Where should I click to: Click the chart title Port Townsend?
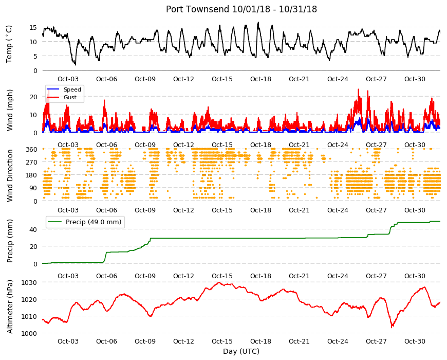197,9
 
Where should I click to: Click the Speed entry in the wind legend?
72,89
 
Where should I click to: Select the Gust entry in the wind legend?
70,97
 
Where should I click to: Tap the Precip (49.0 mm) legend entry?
94,222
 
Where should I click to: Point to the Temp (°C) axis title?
9,44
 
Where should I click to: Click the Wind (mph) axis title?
10,110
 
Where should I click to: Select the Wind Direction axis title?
10,176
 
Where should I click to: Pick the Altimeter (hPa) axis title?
10,307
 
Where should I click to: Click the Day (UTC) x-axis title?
241,351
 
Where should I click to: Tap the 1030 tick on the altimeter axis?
30,283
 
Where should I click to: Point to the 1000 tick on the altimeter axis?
30,333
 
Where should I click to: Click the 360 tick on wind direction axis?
32,150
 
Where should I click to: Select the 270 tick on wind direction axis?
32,163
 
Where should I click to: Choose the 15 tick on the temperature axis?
33,27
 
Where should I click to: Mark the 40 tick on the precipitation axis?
33,230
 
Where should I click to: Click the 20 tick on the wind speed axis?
33,97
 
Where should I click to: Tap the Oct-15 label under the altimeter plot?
222,341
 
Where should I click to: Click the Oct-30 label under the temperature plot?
415,79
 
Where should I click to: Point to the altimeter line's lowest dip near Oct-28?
392,327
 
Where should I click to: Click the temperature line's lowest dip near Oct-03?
75,65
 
